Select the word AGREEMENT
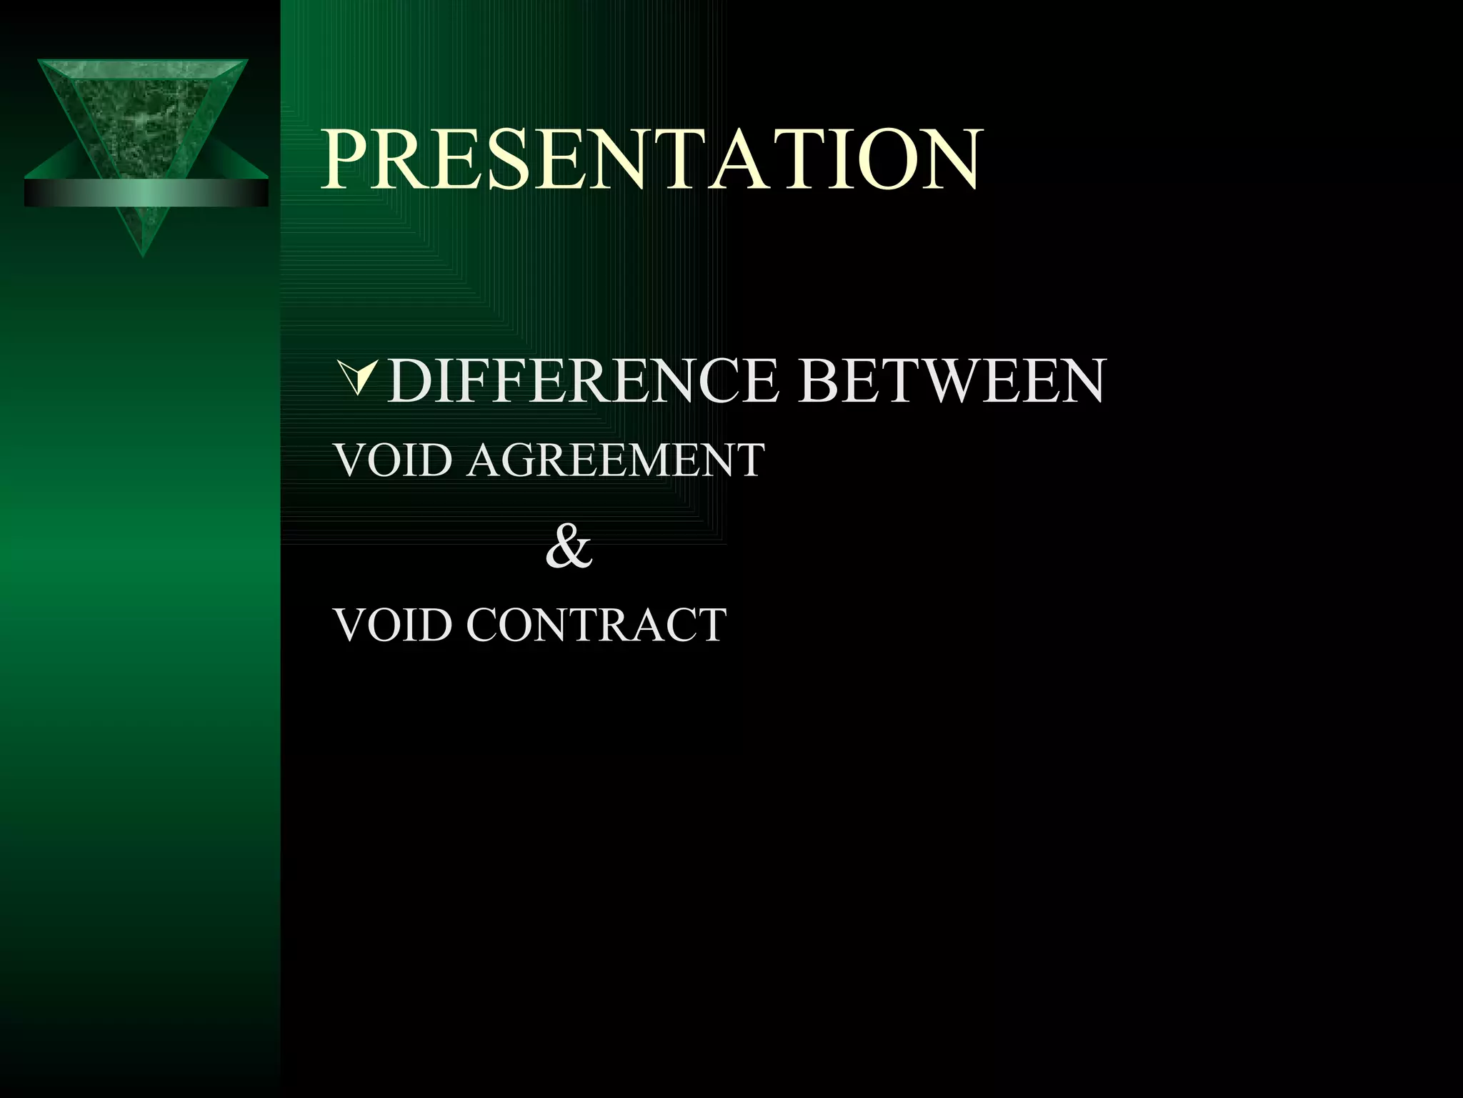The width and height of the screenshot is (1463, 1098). pos(616,460)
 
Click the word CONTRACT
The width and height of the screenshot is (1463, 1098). pos(596,625)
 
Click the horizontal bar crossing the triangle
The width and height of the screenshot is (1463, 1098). pos(146,192)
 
